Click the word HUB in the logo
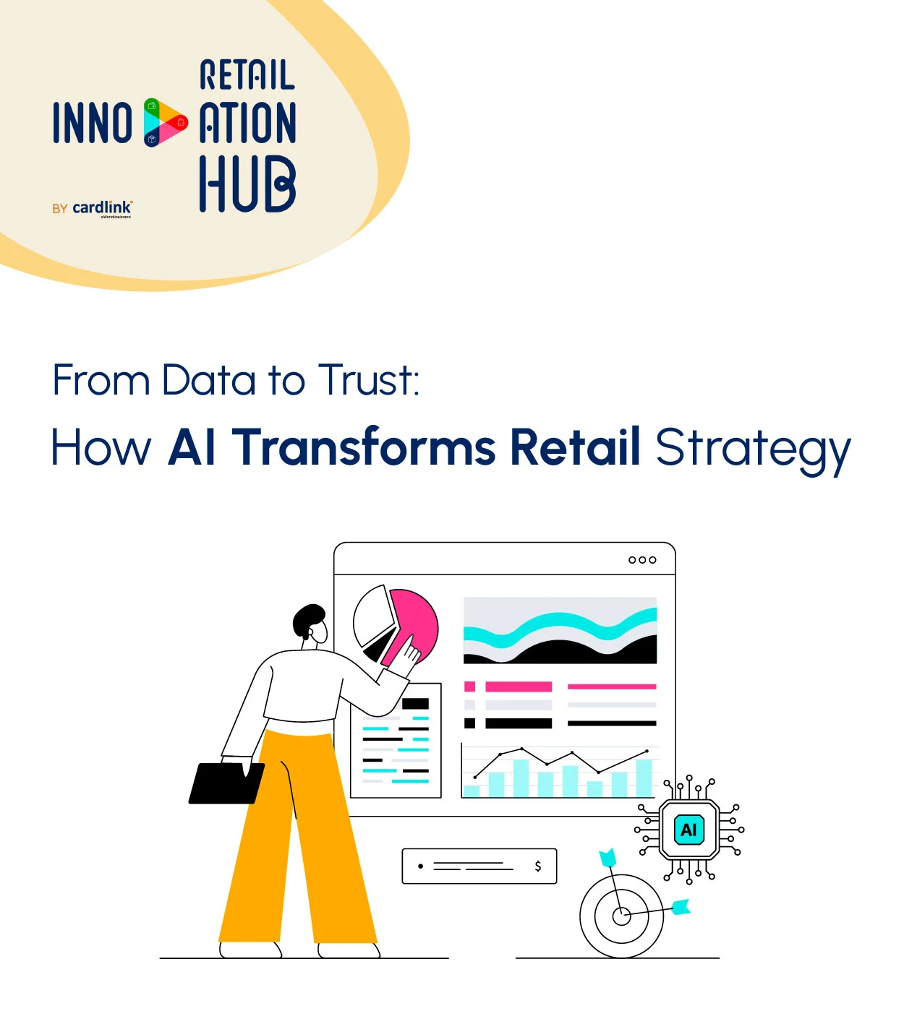(247, 184)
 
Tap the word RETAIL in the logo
(247, 75)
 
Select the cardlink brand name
(102, 207)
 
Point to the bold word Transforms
(364, 447)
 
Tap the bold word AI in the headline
(192, 447)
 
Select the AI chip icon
(688, 830)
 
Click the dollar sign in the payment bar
(537, 866)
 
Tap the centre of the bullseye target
(621, 916)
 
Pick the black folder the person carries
(226, 783)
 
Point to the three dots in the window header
(642, 560)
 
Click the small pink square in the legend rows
(470, 687)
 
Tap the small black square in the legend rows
(470, 723)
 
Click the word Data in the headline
(208, 380)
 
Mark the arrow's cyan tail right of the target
(681, 906)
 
